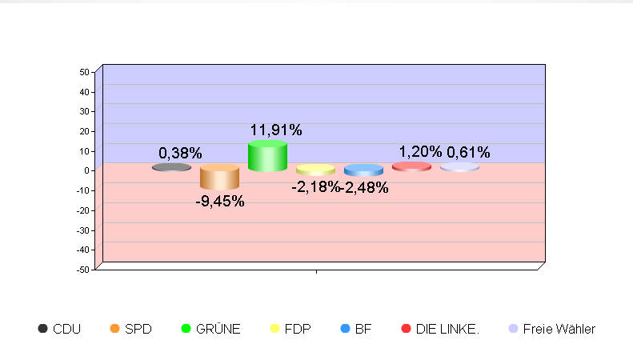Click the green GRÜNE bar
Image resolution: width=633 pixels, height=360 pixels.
(267, 156)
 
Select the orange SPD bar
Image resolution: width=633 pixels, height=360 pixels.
(219, 177)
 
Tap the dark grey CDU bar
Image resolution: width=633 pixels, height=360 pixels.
(171, 167)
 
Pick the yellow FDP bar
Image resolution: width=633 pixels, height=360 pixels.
(315, 170)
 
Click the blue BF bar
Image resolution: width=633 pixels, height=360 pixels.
(363, 170)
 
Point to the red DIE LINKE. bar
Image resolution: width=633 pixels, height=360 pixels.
(411, 166)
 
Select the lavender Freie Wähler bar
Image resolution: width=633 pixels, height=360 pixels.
(459, 167)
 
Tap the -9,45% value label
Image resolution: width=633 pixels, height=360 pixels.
(220, 201)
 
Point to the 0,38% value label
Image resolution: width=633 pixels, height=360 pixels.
(180, 153)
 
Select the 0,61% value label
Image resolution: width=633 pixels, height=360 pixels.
(468, 152)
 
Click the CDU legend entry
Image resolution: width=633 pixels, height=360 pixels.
(59, 329)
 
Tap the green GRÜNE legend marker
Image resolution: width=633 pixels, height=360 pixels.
(186, 329)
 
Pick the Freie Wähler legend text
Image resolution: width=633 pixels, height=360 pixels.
(559, 329)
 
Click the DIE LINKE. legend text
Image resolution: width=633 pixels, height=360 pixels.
(447, 329)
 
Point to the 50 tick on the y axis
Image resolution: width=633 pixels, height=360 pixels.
(84, 72)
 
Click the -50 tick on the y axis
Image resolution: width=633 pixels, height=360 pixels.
(82, 270)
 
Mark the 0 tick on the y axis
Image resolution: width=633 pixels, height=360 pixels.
(86, 170)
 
